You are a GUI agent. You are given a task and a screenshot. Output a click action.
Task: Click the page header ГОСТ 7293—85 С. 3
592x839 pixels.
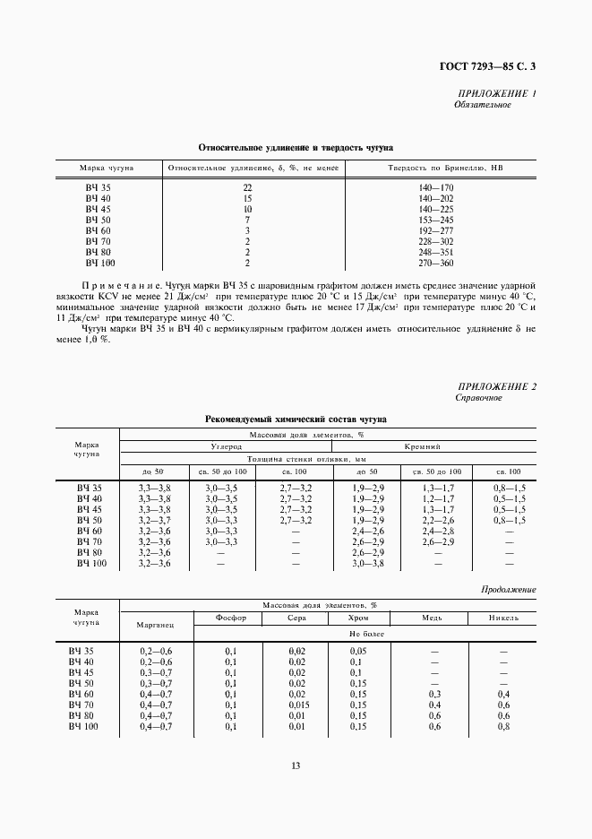[493, 65]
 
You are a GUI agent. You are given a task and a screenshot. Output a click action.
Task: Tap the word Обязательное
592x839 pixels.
[483, 105]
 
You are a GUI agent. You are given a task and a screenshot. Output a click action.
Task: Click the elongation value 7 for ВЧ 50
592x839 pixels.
[247, 220]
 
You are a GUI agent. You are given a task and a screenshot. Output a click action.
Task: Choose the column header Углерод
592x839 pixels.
[226, 445]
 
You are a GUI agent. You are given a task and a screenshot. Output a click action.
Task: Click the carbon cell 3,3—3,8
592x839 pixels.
[154, 487]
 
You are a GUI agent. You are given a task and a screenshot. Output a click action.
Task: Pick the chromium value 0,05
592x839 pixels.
[358, 650]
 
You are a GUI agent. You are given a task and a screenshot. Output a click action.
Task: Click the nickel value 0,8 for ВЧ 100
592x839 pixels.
[503, 726]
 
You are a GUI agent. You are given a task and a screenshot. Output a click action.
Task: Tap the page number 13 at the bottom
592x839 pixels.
[296, 765]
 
